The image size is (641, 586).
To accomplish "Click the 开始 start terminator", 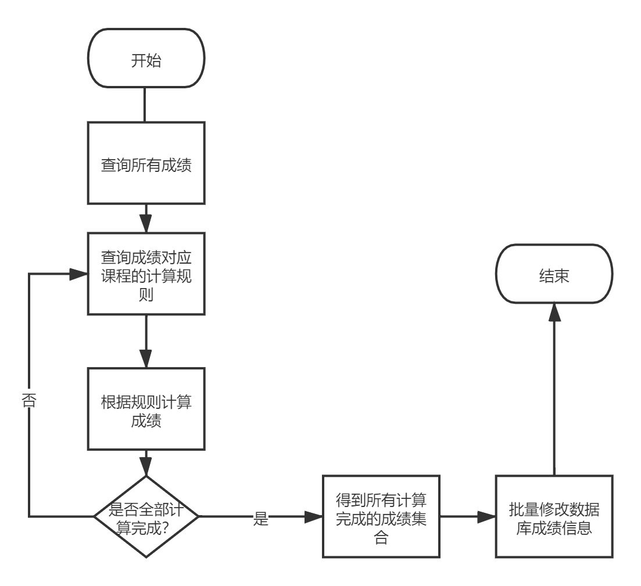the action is tap(146, 58).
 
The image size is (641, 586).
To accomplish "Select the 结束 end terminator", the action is tap(554, 274).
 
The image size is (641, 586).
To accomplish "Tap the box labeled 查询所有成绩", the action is tap(146, 163).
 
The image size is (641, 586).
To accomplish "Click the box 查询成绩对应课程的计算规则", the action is tap(146, 274).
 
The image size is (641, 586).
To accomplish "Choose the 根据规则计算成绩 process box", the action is tap(146, 409).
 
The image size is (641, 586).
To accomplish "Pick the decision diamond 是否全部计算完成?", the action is tap(146, 516).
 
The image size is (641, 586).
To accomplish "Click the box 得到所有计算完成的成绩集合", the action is tap(381, 516).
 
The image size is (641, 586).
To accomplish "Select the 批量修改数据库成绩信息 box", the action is tap(554, 516).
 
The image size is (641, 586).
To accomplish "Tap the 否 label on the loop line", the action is tap(28, 400).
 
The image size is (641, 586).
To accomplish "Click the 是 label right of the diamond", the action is tap(261, 519).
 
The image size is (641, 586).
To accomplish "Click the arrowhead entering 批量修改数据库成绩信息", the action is tap(486, 516).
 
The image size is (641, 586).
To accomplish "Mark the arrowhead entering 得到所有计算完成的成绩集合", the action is tap(313, 516).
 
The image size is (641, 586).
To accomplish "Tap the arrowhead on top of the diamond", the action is tap(146, 466).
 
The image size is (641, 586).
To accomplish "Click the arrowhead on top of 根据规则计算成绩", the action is tap(146, 358).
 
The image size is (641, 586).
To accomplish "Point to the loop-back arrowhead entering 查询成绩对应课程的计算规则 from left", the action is tap(78, 274).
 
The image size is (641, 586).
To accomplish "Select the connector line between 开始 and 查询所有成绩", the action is tap(145, 105).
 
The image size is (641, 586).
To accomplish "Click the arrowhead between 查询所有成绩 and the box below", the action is tap(146, 224).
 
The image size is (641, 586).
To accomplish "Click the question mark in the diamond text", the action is tap(165, 528).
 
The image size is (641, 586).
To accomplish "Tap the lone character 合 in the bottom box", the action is tap(381, 537).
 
